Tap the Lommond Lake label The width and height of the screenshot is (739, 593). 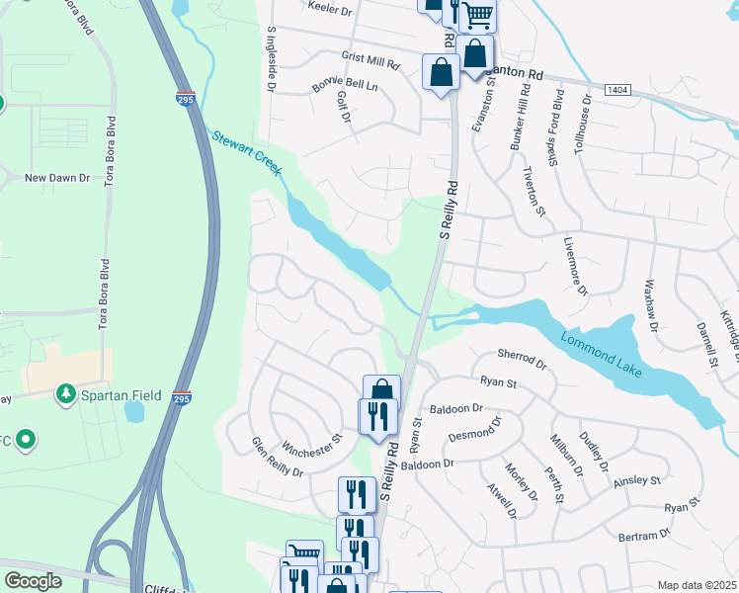(x=602, y=355)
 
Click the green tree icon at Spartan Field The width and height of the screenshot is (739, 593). (x=66, y=394)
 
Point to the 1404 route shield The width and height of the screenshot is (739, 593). (x=618, y=89)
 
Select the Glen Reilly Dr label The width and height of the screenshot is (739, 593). (x=277, y=459)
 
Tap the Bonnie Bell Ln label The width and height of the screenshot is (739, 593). (x=345, y=86)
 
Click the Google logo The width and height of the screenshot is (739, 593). (x=33, y=581)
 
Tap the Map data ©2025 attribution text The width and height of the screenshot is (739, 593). (x=697, y=585)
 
